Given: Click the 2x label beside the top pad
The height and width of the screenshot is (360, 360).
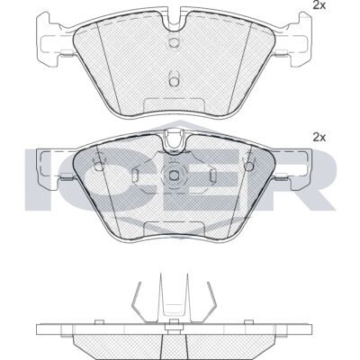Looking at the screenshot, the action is (319, 5).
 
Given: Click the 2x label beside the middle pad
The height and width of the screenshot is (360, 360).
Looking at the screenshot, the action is (319, 138).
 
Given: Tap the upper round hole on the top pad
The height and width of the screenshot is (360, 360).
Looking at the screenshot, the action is (174, 43).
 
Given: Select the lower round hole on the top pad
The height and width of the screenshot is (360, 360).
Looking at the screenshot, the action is (174, 81).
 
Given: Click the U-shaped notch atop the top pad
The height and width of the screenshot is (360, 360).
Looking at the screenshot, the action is (174, 21).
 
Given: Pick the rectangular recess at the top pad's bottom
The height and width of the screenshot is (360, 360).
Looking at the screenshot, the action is (174, 105).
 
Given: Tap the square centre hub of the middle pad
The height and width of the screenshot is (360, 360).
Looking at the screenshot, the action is (174, 175).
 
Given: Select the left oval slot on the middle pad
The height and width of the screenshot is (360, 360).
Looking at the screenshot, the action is (135, 175).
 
